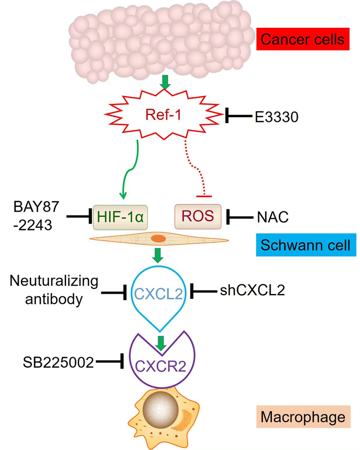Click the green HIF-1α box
tap(121, 216)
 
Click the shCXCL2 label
tap(252, 292)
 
